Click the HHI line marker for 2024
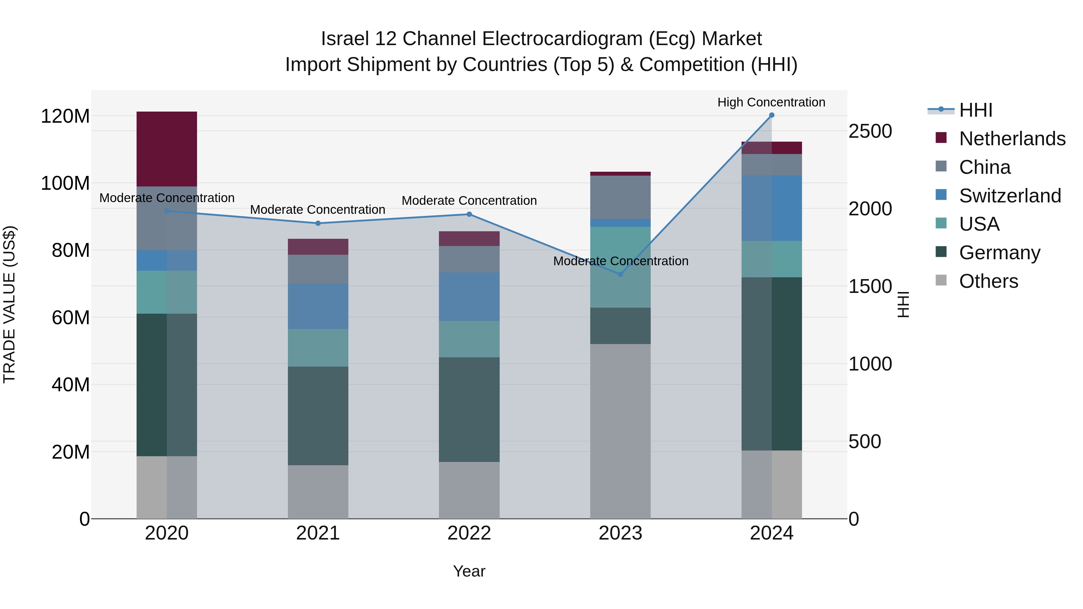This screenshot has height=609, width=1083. [x=771, y=115]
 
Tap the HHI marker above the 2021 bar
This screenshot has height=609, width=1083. [x=318, y=223]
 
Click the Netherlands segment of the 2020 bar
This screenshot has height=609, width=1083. [x=167, y=149]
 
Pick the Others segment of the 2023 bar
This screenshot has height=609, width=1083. [x=621, y=431]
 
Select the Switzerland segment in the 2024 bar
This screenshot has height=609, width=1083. [x=771, y=208]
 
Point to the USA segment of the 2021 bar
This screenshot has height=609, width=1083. [x=318, y=348]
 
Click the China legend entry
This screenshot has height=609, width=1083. [x=985, y=167]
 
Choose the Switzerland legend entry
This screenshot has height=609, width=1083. [x=1010, y=196]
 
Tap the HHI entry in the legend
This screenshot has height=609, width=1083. [x=975, y=110]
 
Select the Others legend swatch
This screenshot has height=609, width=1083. [x=941, y=280]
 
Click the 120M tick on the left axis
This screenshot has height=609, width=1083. [x=65, y=116]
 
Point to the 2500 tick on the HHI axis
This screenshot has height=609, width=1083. [x=870, y=131]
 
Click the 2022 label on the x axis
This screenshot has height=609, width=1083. [x=469, y=533]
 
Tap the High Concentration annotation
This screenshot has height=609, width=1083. [x=771, y=102]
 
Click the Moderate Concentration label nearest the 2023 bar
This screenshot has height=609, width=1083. [x=621, y=261]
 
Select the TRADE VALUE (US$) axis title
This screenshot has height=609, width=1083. [x=9, y=304]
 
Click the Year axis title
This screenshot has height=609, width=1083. [x=469, y=571]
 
